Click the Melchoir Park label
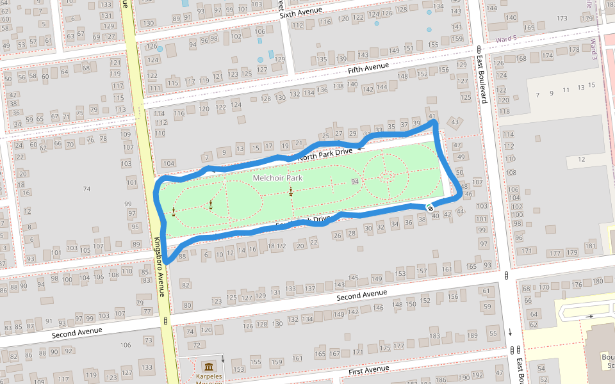click(277, 178)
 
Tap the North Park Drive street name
click(325, 152)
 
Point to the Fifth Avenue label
click(368, 68)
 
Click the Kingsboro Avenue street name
click(160, 268)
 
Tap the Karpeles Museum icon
click(208, 367)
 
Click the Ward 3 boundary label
click(593, 50)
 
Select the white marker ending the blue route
click(430, 207)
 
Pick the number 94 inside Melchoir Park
click(355, 182)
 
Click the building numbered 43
click(455, 122)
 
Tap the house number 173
click(562, 18)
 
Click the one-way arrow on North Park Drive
click(361, 147)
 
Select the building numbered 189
click(473, 336)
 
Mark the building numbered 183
click(435, 336)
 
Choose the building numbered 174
click(547, 56)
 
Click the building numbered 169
click(529, 28)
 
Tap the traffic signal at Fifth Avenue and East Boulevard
click(479, 50)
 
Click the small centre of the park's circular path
click(386, 174)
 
